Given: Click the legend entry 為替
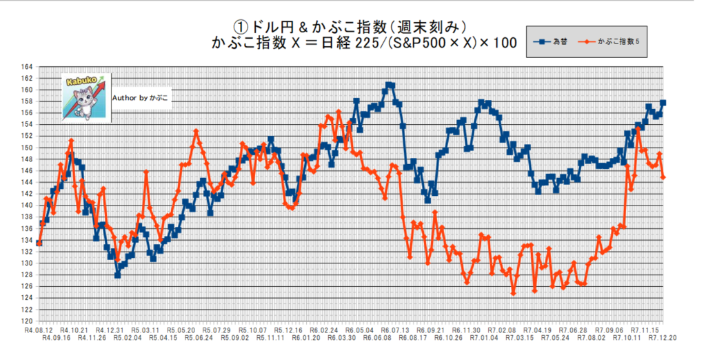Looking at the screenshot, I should [x=556, y=42].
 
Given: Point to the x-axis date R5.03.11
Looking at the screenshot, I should [x=145, y=330].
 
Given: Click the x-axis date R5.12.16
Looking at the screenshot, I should [x=286, y=330].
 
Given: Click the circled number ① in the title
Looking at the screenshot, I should [x=239, y=26].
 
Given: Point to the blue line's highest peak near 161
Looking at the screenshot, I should [x=390, y=85].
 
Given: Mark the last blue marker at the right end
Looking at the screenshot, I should [x=663, y=103].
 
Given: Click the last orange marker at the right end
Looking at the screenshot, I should [x=663, y=177].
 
